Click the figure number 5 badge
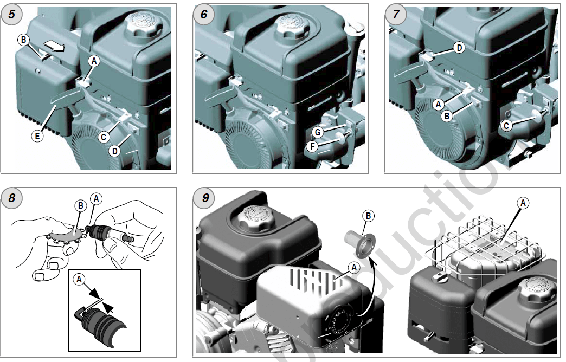tap(11, 14)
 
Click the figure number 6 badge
tap(203, 14)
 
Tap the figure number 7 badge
tap(396, 14)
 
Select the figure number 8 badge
tap(11, 198)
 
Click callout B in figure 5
tap(23, 40)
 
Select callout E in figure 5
tap(37, 136)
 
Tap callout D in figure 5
tap(114, 151)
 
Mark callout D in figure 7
tap(459, 48)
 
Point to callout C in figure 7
tap(506, 126)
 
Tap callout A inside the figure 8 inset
tap(80, 279)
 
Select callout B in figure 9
tap(368, 216)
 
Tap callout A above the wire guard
tap(523, 203)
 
